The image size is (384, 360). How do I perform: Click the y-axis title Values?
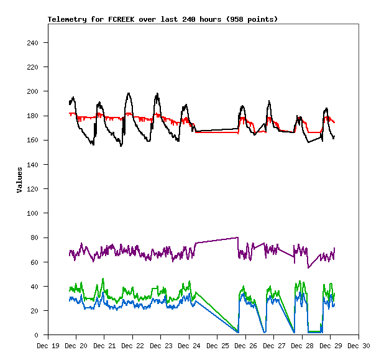click(x=19, y=180)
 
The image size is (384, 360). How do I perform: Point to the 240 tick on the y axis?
click(x=33, y=43)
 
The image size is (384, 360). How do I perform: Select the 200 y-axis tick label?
click(x=33, y=91)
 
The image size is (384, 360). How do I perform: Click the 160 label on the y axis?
click(x=33, y=141)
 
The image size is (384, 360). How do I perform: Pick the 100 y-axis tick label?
click(x=33, y=213)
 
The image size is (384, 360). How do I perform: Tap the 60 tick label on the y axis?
click(x=35, y=262)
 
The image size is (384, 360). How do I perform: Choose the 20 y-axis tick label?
click(x=35, y=311)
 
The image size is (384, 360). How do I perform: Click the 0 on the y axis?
click(x=37, y=335)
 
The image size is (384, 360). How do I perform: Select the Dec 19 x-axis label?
click(x=48, y=346)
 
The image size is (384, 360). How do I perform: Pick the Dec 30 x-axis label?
click(x=359, y=346)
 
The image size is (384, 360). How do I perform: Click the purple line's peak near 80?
click(x=238, y=238)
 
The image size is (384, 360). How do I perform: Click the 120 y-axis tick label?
click(x=33, y=189)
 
